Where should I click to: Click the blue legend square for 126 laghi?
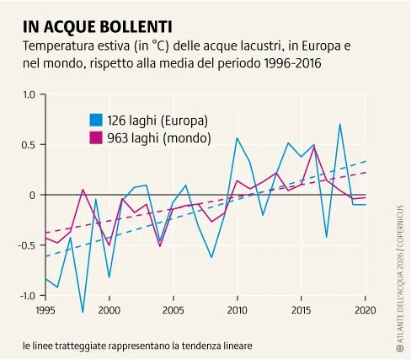pyautogui.click(x=97, y=120)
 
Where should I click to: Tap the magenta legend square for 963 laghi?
pyautogui.click(x=97, y=137)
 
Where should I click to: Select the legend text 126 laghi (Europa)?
pyautogui.click(x=157, y=120)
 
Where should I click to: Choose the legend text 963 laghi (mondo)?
pyautogui.click(x=157, y=137)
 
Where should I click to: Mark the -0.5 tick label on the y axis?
pyautogui.click(x=25, y=245)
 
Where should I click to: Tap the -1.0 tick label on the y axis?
pyautogui.click(x=25, y=295)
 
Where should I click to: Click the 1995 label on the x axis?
pyautogui.click(x=45, y=309)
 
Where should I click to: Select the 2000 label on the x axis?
pyautogui.click(x=109, y=309)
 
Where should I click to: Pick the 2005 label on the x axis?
pyautogui.click(x=173, y=309)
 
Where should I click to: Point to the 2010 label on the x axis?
pyautogui.click(x=237, y=309)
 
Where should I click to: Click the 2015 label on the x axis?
pyautogui.click(x=301, y=309)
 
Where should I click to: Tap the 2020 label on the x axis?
pyautogui.click(x=364, y=309)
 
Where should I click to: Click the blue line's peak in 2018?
pyautogui.click(x=339, y=125)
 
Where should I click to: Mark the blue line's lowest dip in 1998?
pyautogui.click(x=83, y=312)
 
